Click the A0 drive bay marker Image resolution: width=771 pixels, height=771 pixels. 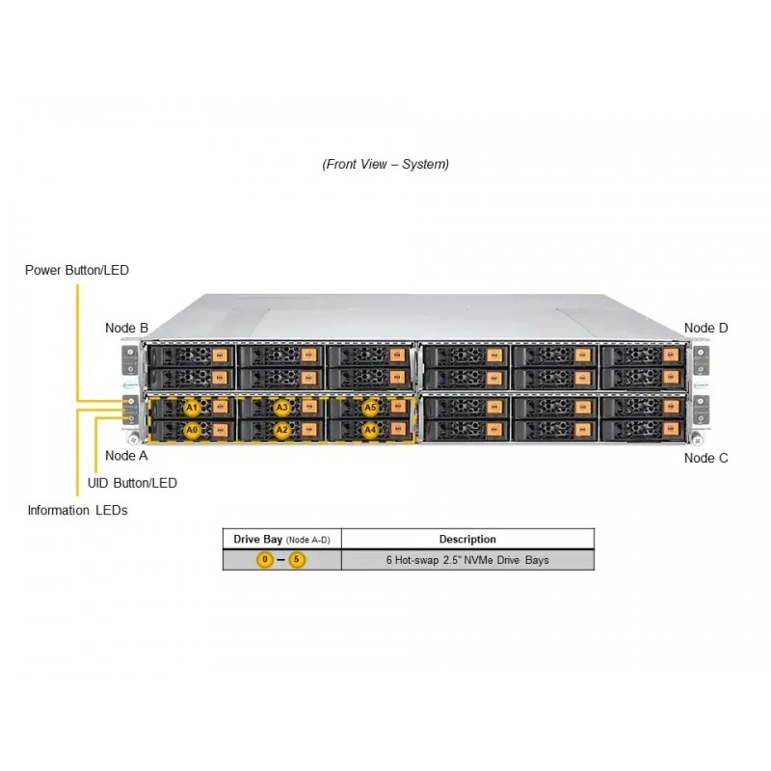[x=192, y=430]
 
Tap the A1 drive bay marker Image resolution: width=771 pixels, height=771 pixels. [x=192, y=408]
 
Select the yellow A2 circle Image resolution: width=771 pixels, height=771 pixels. [x=281, y=430]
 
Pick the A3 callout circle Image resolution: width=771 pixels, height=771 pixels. [x=281, y=408]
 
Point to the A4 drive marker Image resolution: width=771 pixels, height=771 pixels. [x=370, y=430]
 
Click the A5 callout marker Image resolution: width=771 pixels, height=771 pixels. [x=370, y=408]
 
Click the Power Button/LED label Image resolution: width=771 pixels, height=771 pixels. [x=77, y=270]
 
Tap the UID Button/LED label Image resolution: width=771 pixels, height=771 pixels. [x=132, y=483]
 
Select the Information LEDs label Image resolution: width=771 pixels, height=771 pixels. [x=77, y=510]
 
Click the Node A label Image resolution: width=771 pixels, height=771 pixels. [x=126, y=456]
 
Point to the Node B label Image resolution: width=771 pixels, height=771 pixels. [x=126, y=328]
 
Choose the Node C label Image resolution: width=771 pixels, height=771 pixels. [x=705, y=458]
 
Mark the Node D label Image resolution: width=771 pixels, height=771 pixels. [x=705, y=328]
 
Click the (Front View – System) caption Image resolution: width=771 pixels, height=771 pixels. [x=385, y=164]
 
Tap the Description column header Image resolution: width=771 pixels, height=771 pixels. [x=467, y=539]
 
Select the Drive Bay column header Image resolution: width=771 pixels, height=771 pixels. [x=281, y=540]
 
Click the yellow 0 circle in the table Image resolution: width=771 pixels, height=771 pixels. [x=265, y=560]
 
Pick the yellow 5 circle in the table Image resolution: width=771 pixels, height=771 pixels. [x=297, y=560]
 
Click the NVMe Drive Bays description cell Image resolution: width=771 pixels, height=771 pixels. [x=467, y=560]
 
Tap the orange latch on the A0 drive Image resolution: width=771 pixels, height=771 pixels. [x=220, y=430]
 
